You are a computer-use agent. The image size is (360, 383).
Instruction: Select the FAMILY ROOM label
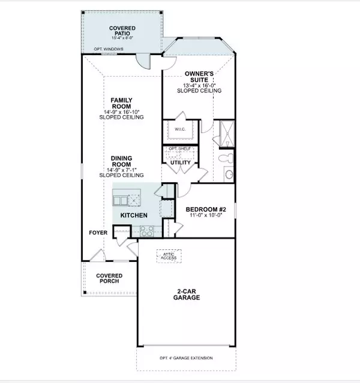point(121,103)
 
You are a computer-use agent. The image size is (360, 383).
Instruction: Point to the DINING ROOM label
point(121,162)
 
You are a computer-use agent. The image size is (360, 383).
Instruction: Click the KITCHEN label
point(134,215)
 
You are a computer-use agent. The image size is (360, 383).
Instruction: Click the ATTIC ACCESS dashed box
point(169,255)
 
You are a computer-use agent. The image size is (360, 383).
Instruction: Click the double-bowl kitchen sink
point(127,200)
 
